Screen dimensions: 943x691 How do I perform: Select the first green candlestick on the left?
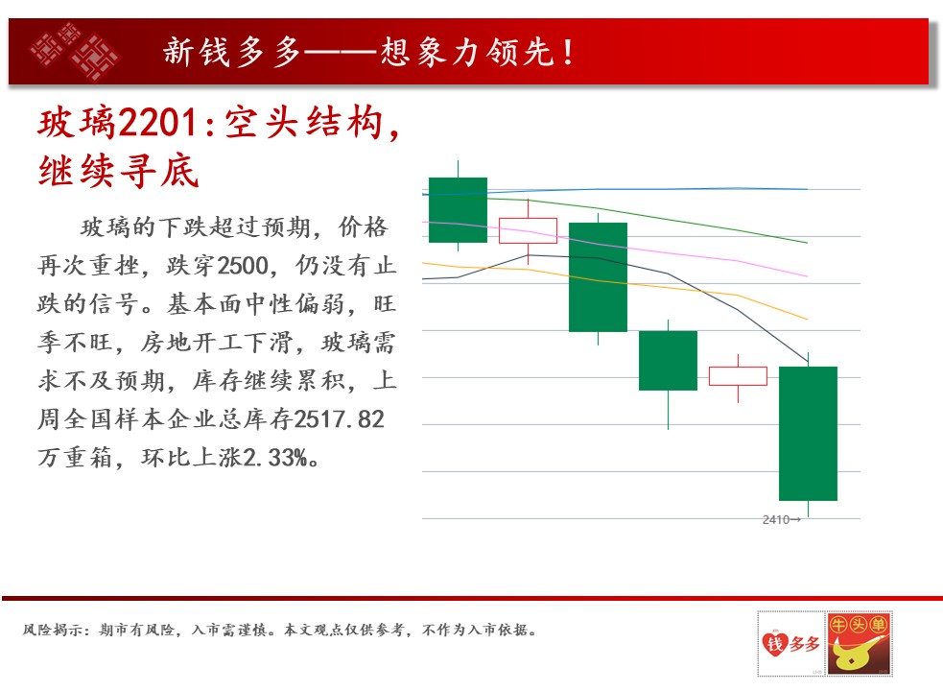[x=458, y=209]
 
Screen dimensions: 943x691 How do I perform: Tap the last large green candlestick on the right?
[x=808, y=434]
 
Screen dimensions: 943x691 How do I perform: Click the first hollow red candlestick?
[x=528, y=230]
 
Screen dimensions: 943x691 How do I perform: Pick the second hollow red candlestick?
[x=738, y=376]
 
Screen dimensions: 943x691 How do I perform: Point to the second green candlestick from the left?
[x=598, y=277]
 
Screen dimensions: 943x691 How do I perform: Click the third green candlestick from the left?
[x=668, y=361]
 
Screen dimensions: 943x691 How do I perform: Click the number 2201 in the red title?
[x=157, y=123]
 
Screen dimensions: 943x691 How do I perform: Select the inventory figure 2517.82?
[x=340, y=419]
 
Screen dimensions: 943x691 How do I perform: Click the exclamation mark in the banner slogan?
[x=568, y=53]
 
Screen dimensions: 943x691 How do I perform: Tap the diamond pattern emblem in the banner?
[x=75, y=51]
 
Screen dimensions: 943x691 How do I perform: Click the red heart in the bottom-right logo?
[x=774, y=643]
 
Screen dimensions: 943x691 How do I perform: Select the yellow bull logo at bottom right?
[x=859, y=643]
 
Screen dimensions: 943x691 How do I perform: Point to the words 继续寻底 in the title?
[x=119, y=171]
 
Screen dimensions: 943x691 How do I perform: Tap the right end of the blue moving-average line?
[x=807, y=189]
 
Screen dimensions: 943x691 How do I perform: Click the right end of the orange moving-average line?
[x=807, y=319]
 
